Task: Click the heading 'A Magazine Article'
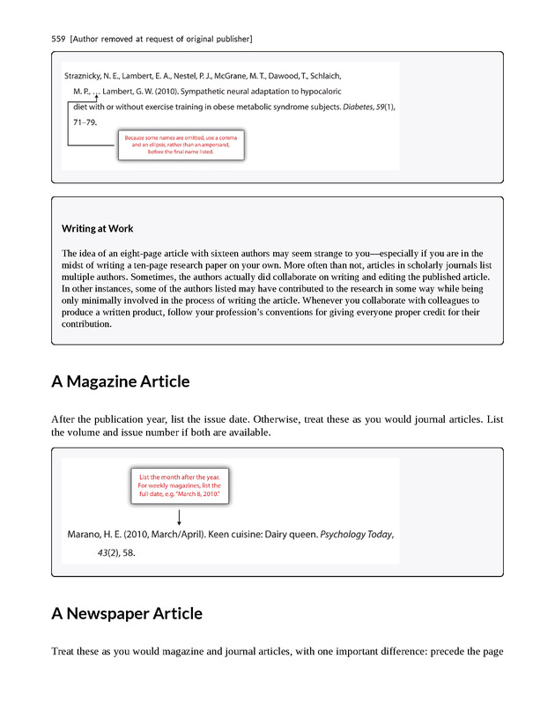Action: click(x=120, y=381)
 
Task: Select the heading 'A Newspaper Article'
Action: click(x=127, y=613)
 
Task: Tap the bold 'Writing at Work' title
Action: click(x=98, y=229)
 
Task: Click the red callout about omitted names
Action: click(x=180, y=145)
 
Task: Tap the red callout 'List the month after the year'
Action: click(x=179, y=485)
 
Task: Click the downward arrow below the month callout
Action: click(x=179, y=518)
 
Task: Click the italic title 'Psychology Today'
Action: click(x=356, y=535)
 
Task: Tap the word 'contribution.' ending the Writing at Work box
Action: click(x=86, y=323)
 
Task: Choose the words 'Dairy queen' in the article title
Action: click(x=290, y=535)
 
